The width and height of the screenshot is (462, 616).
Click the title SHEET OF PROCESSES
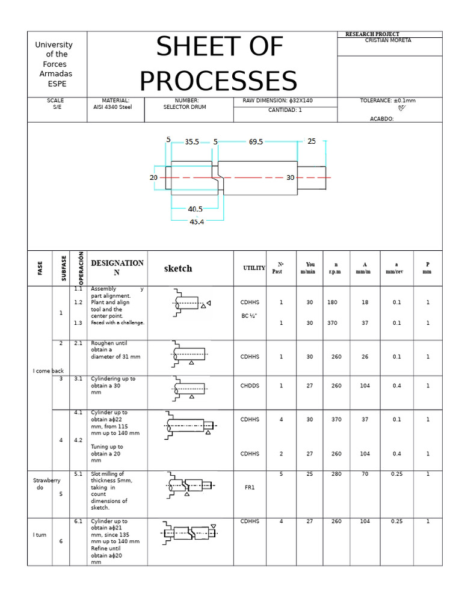[x=218, y=64]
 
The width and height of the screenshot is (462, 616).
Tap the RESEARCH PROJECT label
[x=372, y=34]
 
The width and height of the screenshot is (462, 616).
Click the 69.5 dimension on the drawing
[x=256, y=142]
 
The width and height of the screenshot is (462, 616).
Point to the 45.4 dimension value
[x=197, y=221]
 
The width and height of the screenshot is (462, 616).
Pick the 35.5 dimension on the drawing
[x=192, y=142]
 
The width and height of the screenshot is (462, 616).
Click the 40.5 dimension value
[x=195, y=209]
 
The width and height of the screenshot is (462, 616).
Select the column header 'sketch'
[x=178, y=269]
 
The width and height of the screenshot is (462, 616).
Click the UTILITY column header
[x=254, y=268]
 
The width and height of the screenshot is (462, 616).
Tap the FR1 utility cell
[x=250, y=488]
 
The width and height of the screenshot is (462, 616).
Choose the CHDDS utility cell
[x=250, y=386]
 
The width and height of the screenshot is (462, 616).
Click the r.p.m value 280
[x=336, y=475]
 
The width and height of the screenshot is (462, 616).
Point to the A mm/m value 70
[x=365, y=475]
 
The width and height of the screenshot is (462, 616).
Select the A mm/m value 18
[x=365, y=303]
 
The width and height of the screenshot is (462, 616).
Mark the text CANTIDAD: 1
[x=285, y=111]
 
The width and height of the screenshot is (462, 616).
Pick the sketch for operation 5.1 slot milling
[x=189, y=484]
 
